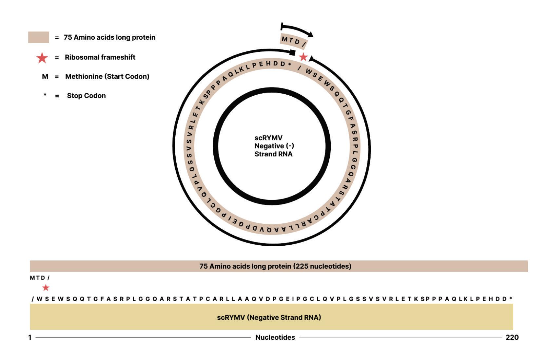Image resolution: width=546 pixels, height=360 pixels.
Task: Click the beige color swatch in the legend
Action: coord(39,37)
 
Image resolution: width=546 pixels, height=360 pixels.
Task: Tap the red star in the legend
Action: coord(42,58)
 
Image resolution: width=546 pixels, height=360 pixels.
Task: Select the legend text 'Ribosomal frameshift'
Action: coord(100,57)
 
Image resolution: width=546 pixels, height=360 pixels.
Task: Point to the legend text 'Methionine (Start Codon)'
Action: coord(107,77)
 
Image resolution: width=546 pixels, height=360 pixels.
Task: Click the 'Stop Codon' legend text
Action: coord(86,96)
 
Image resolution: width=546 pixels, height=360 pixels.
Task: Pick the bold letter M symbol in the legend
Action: coord(45,77)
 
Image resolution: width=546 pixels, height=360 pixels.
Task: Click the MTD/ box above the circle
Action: coord(294,41)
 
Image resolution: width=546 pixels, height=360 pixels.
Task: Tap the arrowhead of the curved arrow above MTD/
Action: coord(310,34)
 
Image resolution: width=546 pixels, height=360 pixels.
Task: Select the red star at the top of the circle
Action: coord(303,57)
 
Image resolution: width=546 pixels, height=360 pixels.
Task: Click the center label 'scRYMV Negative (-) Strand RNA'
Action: coord(273,146)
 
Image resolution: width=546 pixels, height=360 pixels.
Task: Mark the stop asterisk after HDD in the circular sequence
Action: coord(290,65)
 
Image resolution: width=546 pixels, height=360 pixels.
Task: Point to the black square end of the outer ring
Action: coord(292,52)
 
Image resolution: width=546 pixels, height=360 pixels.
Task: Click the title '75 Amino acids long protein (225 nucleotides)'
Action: coord(275,266)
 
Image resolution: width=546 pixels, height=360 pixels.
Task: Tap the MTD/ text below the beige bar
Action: coord(40,278)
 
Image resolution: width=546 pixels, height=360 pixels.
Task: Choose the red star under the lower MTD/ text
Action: coord(46,288)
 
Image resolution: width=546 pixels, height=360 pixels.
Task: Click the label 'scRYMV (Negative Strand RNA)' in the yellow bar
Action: coord(269,317)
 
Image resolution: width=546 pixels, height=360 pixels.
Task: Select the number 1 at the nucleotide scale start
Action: coord(30,337)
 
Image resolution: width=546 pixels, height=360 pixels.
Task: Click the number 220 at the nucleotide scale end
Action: coord(512,337)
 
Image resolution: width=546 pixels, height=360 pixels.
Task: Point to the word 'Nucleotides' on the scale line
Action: coord(275,337)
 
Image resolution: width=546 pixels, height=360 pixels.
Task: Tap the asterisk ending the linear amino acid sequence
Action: coord(511,298)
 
